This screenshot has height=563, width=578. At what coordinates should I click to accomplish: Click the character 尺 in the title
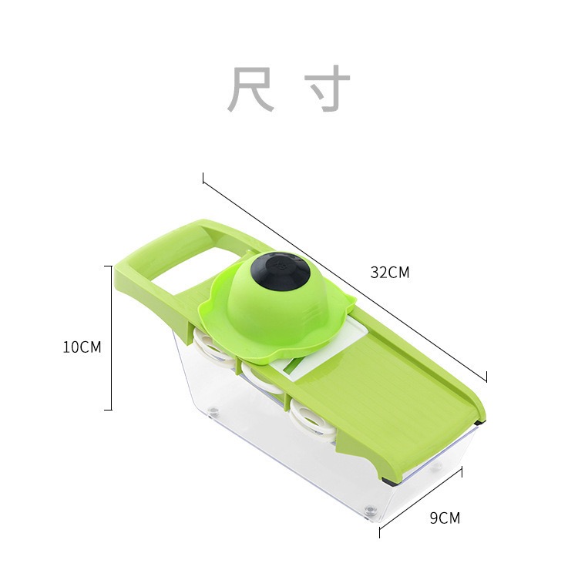click(x=251, y=91)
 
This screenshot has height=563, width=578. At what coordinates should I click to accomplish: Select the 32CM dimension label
click(x=389, y=273)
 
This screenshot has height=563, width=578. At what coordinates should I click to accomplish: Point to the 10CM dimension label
click(x=82, y=347)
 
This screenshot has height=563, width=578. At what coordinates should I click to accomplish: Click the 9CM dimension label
click(x=445, y=518)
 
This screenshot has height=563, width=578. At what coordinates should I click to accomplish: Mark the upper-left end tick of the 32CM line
click(x=203, y=178)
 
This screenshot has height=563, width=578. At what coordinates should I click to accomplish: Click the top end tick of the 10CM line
click(x=108, y=266)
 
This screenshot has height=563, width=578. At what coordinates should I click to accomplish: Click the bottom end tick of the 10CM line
click(x=108, y=410)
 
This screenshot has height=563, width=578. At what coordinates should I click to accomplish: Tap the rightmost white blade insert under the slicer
click(x=311, y=418)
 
